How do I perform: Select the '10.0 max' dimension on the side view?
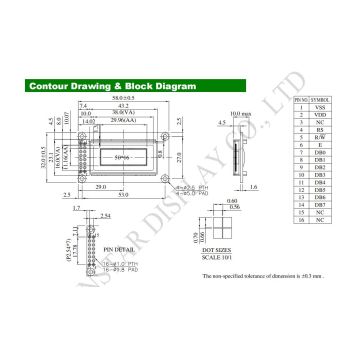236,115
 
